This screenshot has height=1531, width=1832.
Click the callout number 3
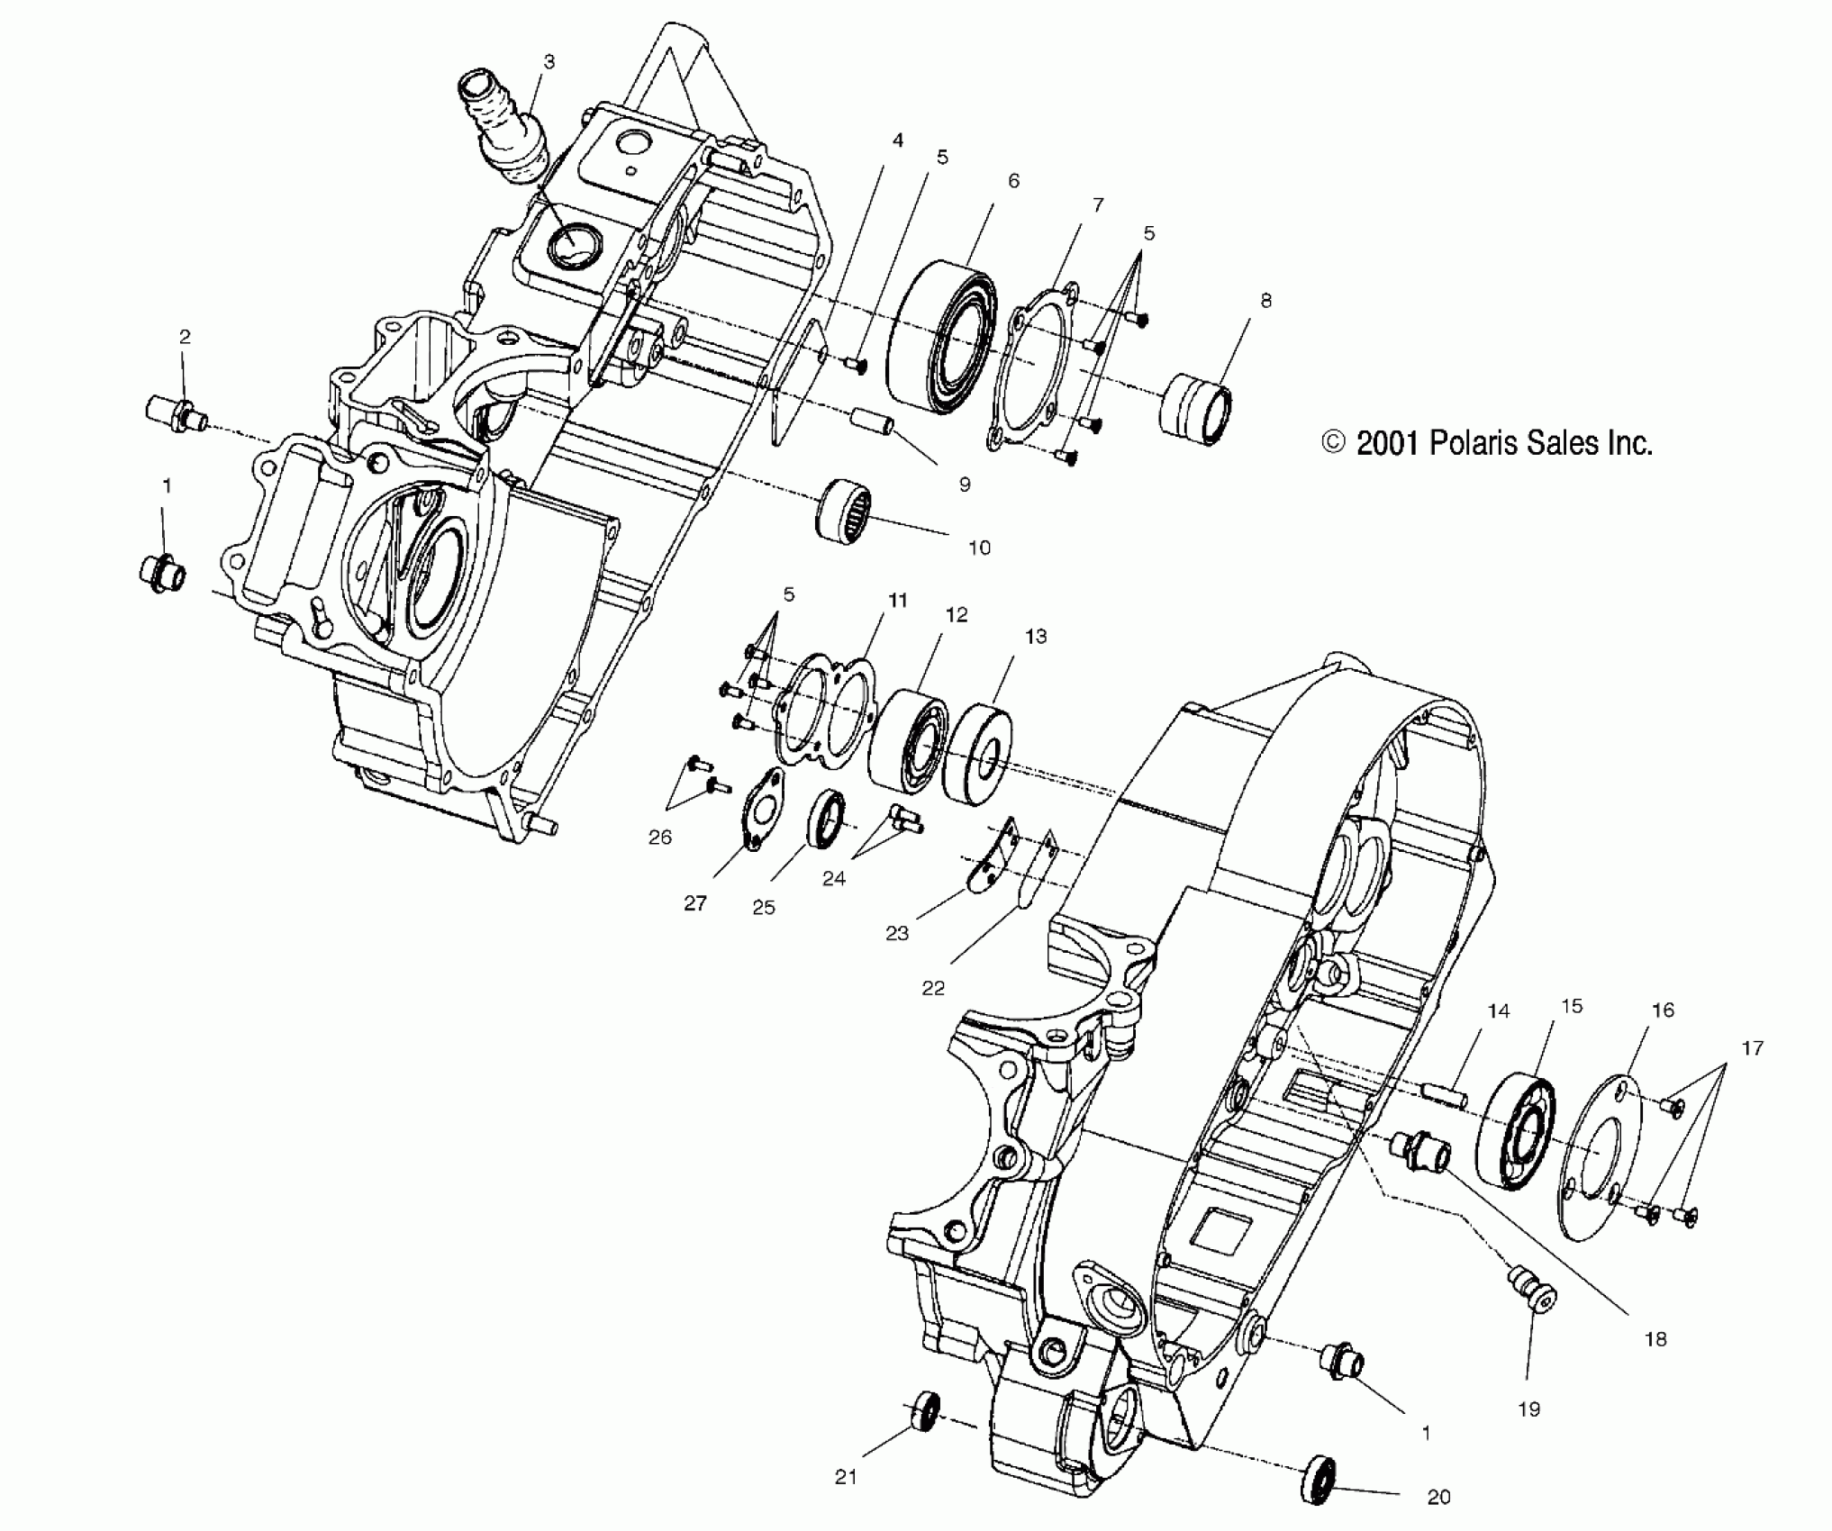(x=549, y=61)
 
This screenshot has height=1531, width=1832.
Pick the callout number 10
(x=978, y=548)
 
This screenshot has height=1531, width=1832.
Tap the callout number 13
(x=1035, y=637)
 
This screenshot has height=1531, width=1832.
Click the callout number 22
(x=933, y=988)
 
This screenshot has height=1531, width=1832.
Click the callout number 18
(x=1655, y=1339)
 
